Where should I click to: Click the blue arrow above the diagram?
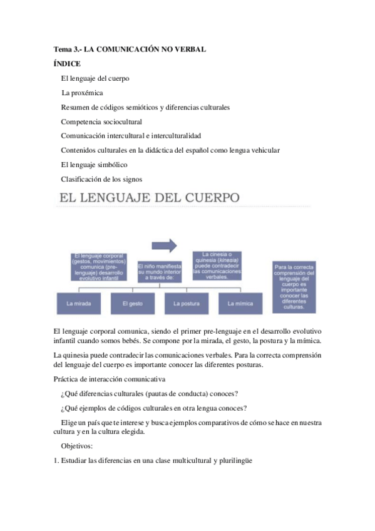[164, 244]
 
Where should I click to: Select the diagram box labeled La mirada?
[78, 303]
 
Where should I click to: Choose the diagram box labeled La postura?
[186, 303]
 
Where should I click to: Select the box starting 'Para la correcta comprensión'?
[294, 287]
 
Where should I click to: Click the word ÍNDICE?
[67, 63]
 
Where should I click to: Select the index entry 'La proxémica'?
[83, 93]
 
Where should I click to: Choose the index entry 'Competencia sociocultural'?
[101, 121]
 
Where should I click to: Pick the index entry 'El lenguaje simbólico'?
[94, 165]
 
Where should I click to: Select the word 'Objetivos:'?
[78, 446]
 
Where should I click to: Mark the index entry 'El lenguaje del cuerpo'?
[95, 78]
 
